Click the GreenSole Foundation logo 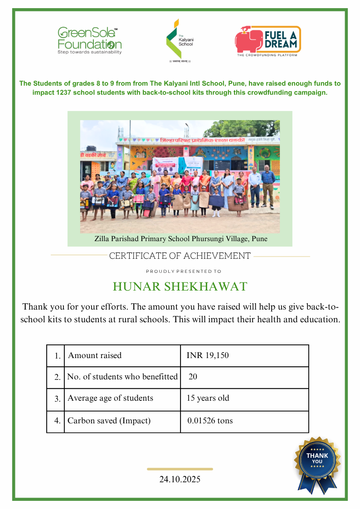pyautogui.click(x=89, y=41)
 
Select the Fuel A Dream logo pyautogui.click(x=268, y=41)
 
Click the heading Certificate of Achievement pyautogui.click(x=180, y=256)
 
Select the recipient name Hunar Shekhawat pyautogui.click(x=180, y=286)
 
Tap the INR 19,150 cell pyautogui.click(x=208, y=355)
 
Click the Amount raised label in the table pyautogui.click(x=95, y=355)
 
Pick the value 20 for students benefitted pyautogui.click(x=193, y=377)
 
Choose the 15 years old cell pyautogui.click(x=208, y=398)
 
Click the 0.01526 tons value pyautogui.click(x=210, y=421)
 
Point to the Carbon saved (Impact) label pyautogui.click(x=109, y=421)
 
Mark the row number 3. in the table pyautogui.click(x=57, y=399)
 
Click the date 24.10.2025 pyautogui.click(x=180, y=479)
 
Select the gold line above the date pyautogui.click(x=180, y=469)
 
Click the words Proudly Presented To pyautogui.click(x=184, y=271)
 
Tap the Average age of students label pyautogui.click(x=110, y=398)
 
